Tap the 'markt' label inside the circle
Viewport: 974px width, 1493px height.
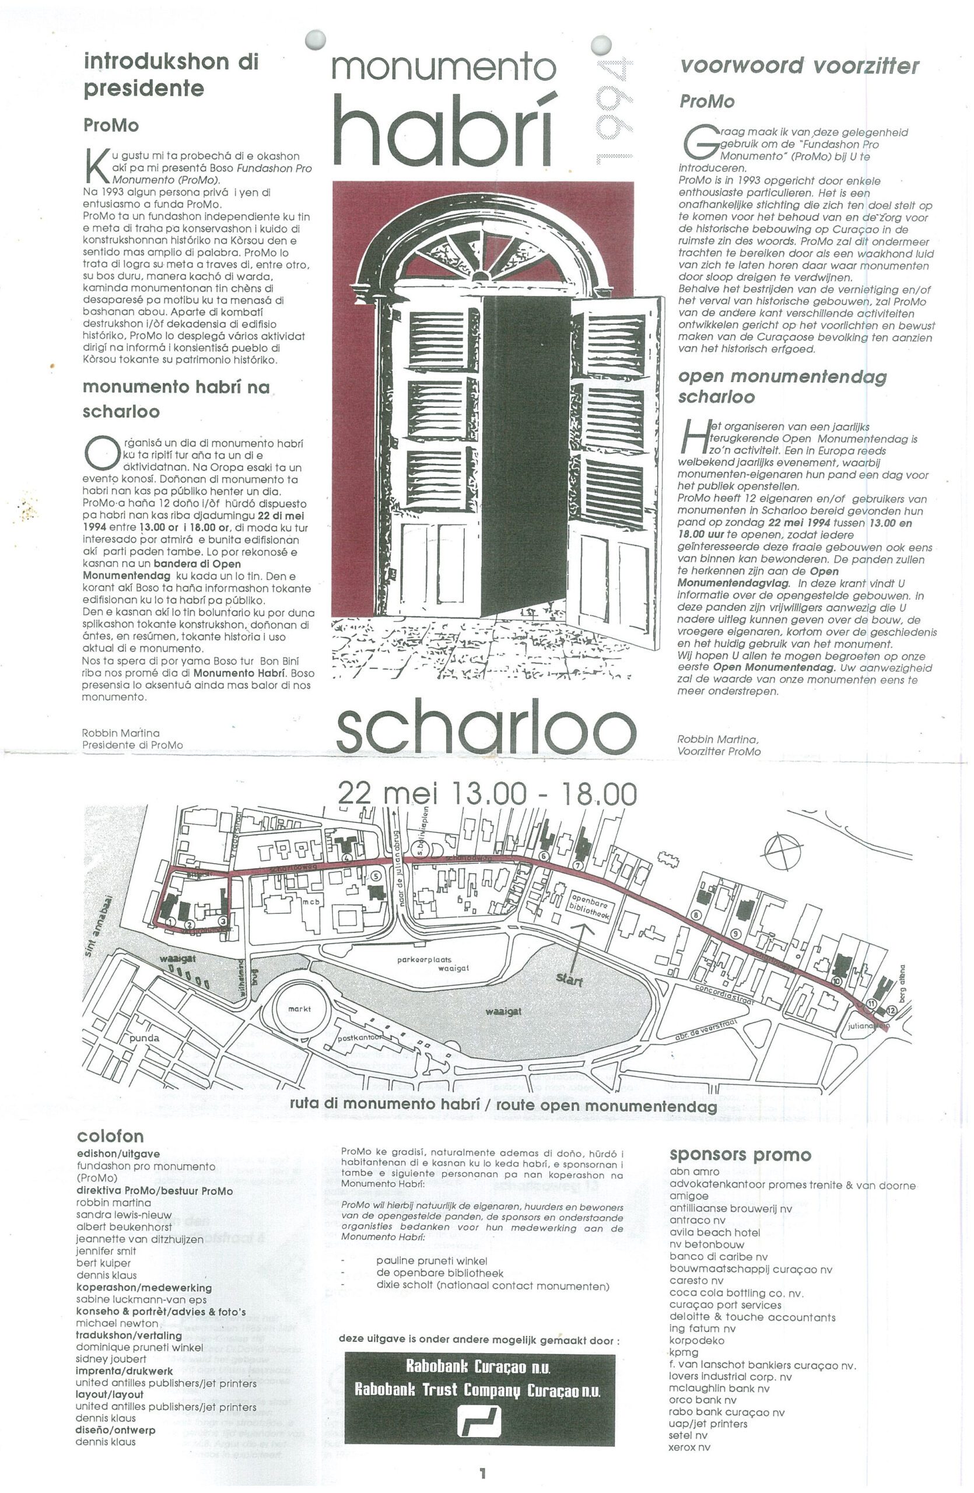tap(299, 1010)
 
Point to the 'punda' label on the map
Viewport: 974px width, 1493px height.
tap(144, 1038)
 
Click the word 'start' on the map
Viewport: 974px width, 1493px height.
tap(569, 979)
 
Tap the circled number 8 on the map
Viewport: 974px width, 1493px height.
tap(695, 915)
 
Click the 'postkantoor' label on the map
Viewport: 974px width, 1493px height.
tap(360, 1038)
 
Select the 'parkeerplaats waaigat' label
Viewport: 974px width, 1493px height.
tap(433, 963)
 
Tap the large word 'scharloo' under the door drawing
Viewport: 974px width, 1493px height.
tap(486, 727)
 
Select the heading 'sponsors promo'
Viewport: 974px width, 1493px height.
tap(740, 1155)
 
